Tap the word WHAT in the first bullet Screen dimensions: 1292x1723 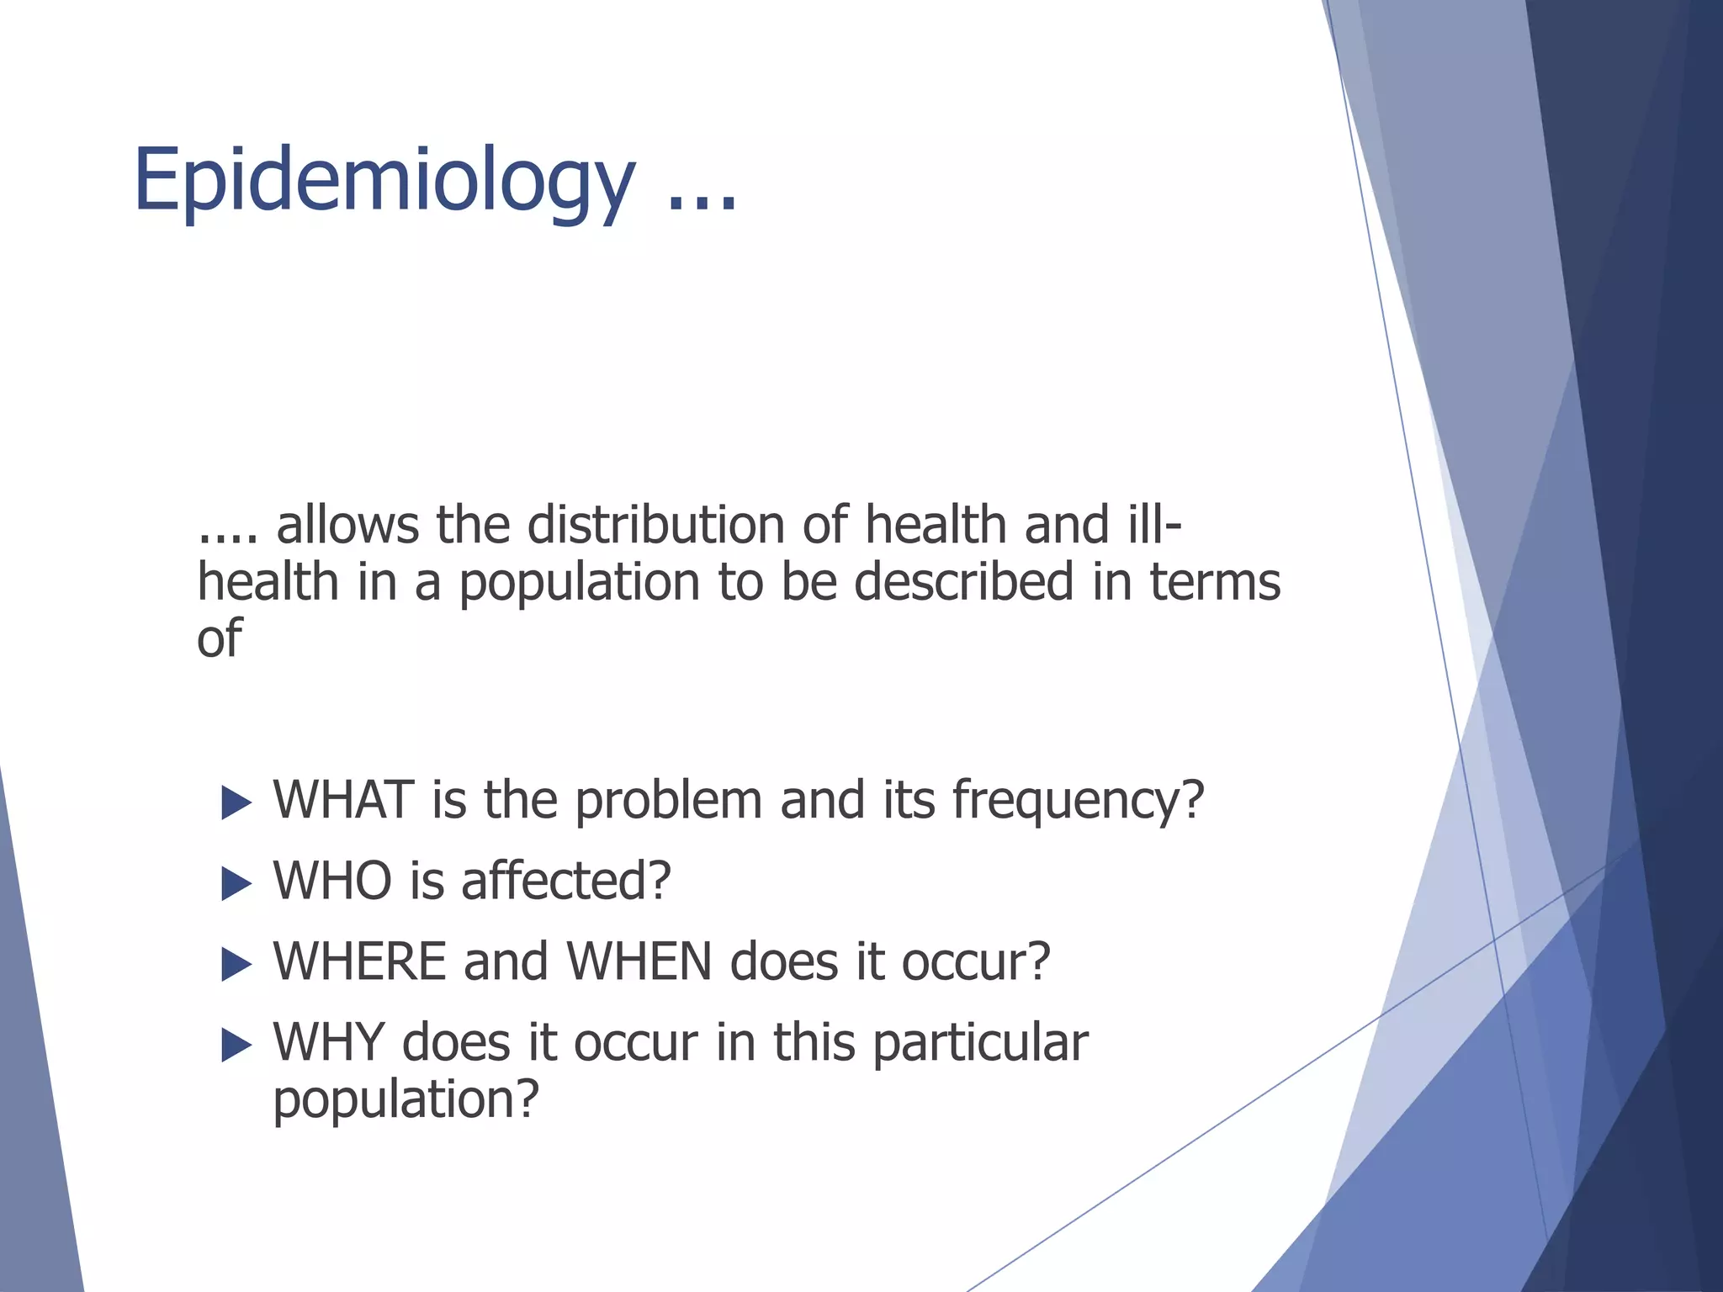343,800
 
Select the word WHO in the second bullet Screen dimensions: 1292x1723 332,881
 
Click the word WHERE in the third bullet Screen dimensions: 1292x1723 359,961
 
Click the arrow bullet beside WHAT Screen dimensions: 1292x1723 236,803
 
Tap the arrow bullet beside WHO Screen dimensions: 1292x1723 236,884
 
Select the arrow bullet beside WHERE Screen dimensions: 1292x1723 236,965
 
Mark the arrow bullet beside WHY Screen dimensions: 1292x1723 236,1046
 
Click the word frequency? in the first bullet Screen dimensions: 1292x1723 1078,802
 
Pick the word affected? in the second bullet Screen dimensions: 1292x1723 565,881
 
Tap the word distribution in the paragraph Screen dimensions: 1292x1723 655,526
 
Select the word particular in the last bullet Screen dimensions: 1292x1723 980,1044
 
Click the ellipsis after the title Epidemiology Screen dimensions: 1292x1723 702,202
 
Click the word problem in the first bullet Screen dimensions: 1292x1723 668,802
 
